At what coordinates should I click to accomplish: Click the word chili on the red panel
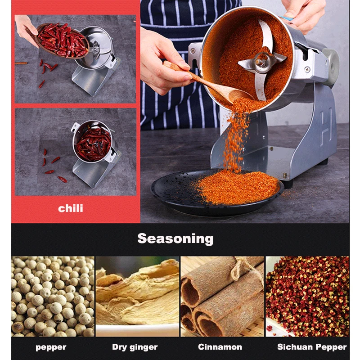click(x=71, y=208)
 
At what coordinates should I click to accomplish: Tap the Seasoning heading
click(x=175, y=239)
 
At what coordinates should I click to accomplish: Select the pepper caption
click(x=51, y=347)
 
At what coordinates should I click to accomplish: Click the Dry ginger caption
click(x=135, y=347)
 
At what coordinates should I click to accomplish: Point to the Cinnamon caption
click(x=220, y=346)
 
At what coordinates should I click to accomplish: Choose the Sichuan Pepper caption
click(x=312, y=347)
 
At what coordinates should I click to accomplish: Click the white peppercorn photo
click(x=53, y=297)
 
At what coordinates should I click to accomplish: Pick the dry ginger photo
click(x=137, y=297)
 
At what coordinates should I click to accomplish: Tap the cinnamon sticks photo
click(x=222, y=297)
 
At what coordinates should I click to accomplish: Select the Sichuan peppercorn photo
click(x=308, y=297)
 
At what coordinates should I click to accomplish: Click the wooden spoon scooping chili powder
click(x=207, y=83)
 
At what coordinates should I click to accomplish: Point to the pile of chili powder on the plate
click(x=239, y=187)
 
